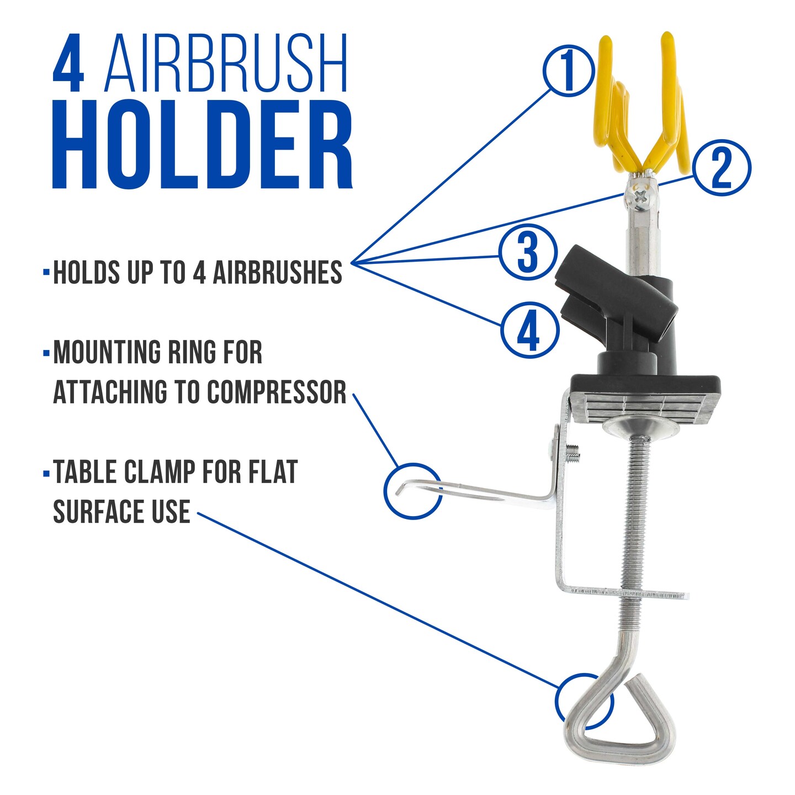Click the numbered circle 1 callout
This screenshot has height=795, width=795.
tap(569, 71)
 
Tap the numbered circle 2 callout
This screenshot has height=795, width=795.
tap(722, 168)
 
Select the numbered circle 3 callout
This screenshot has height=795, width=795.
tap(528, 252)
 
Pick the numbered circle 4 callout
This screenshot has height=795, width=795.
tap(530, 331)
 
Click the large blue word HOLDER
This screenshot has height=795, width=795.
tap(203, 145)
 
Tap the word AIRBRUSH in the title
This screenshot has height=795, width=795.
tap(226, 63)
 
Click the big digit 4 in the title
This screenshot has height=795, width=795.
tap(68, 63)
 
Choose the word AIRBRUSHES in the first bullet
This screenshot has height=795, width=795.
tap(277, 272)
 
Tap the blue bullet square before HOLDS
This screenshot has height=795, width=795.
tap(46, 273)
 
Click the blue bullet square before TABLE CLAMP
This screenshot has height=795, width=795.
tap(46, 473)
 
